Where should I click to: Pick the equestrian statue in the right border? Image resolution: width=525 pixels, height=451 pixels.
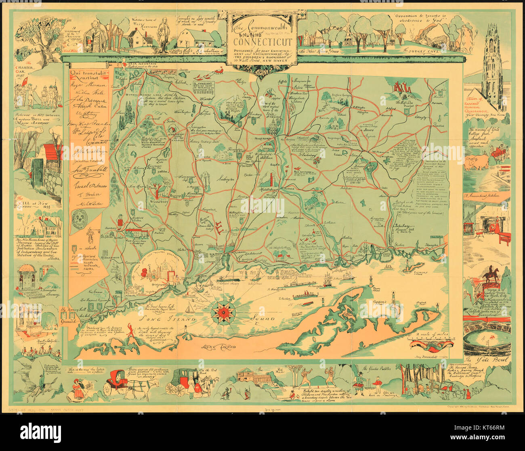(x=490, y=275)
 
